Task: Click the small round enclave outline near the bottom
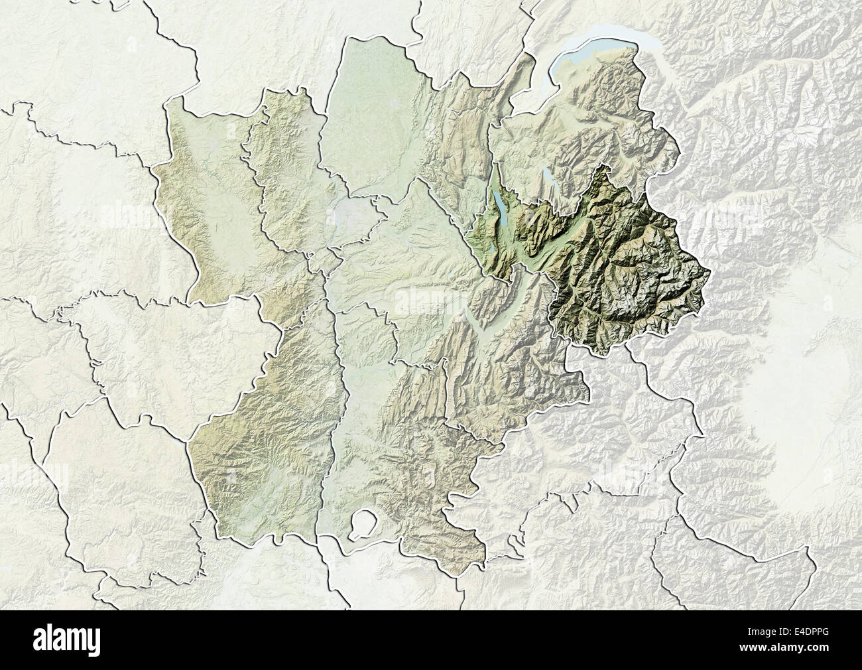(x=361, y=523)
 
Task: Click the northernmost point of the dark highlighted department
(x=603, y=166)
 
